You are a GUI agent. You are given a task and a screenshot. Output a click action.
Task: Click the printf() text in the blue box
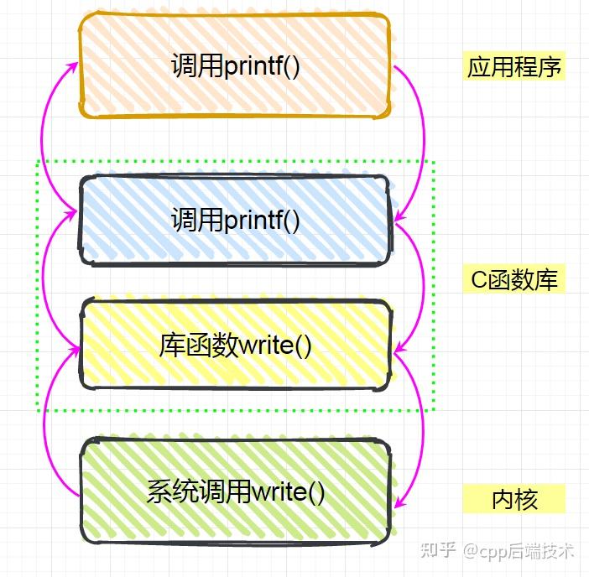click(262, 221)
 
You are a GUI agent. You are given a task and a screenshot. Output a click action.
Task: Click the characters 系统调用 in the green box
click(198, 491)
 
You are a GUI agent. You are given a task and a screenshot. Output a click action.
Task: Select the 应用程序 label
click(514, 66)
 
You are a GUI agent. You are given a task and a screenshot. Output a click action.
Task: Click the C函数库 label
click(513, 279)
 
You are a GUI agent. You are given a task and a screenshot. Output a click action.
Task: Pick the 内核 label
click(513, 500)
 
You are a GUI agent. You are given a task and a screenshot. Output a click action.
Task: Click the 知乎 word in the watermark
click(438, 550)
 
